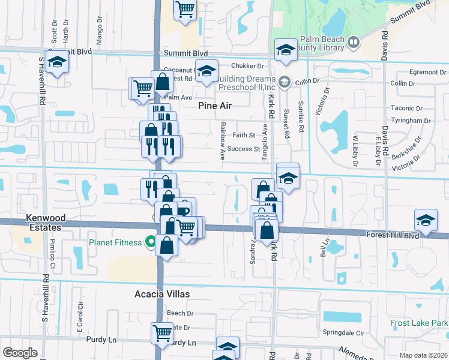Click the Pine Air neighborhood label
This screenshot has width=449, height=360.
click(215, 106)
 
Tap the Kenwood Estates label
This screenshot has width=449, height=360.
click(43, 223)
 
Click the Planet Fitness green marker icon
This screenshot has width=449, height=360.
click(150, 242)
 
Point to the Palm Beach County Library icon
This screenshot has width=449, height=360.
click(354, 42)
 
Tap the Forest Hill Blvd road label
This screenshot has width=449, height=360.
click(392, 236)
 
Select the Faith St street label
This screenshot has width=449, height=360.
click(244, 135)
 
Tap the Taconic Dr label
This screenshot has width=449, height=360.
click(406, 109)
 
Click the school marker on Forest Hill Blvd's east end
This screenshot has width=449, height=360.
click(426, 220)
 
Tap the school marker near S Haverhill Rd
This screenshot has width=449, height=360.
click(58, 62)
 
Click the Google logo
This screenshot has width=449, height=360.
click(20, 353)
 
